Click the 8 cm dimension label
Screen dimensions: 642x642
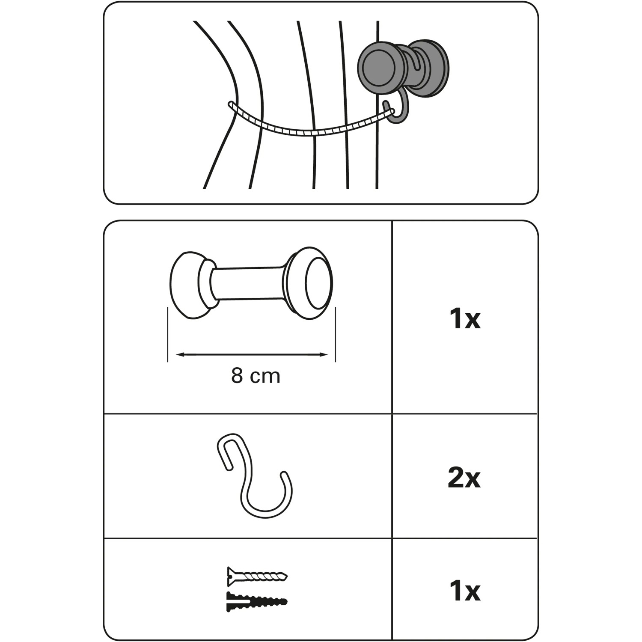(256, 376)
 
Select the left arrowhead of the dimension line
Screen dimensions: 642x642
(181, 354)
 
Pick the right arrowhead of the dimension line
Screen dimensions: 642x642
(323, 354)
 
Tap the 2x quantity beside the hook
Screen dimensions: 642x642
(464, 478)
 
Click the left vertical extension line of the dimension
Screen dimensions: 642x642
(167, 335)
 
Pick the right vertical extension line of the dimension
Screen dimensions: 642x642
(335, 335)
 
